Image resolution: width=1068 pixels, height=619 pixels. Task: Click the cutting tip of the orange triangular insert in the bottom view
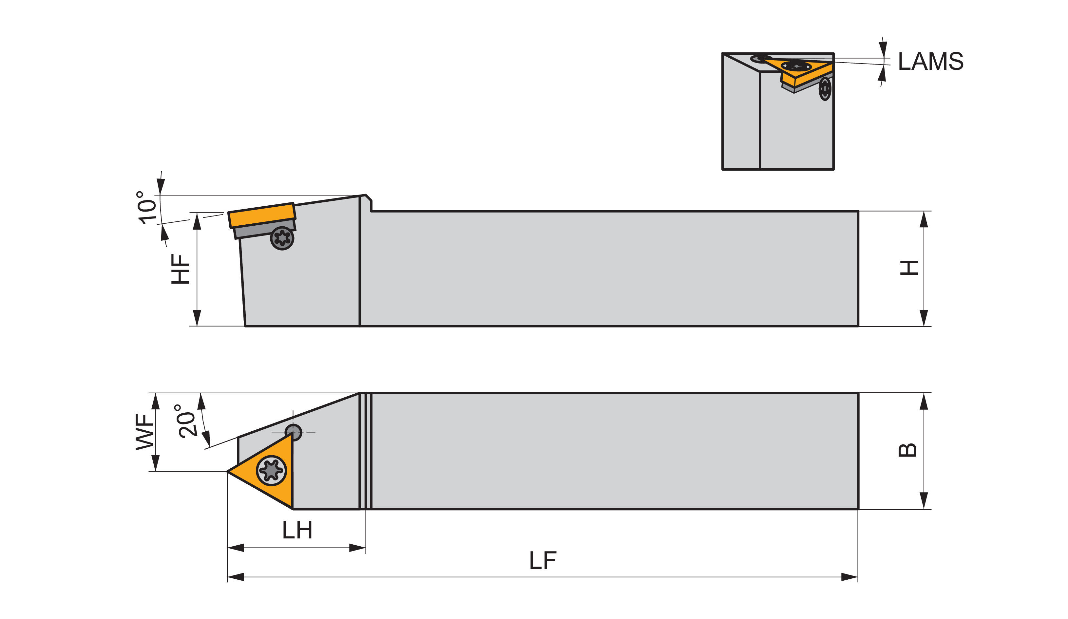click(x=228, y=471)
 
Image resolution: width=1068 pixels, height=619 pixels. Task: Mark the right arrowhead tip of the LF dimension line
click(x=857, y=577)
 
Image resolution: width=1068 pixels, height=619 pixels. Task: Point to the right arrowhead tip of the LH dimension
click(x=365, y=548)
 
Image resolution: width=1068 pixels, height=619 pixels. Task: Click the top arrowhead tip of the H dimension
click(x=924, y=212)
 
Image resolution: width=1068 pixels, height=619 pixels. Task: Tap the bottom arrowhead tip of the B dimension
click(x=924, y=509)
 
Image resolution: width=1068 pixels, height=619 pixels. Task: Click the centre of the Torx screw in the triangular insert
click(x=271, y=470)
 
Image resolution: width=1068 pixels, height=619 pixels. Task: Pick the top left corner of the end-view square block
click(x=723, y=53)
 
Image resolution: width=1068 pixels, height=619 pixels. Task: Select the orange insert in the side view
click(x=261, y=216)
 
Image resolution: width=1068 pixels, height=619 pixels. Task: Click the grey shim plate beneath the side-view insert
click(x=264, y=229)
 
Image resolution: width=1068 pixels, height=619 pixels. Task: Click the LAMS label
click(x=931, y=61)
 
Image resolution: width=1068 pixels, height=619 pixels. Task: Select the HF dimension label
click(x=180, y=269)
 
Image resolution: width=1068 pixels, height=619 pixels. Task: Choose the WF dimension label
click(x=144, y=432)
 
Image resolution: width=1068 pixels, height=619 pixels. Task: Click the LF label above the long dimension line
click(x=543, y=560)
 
